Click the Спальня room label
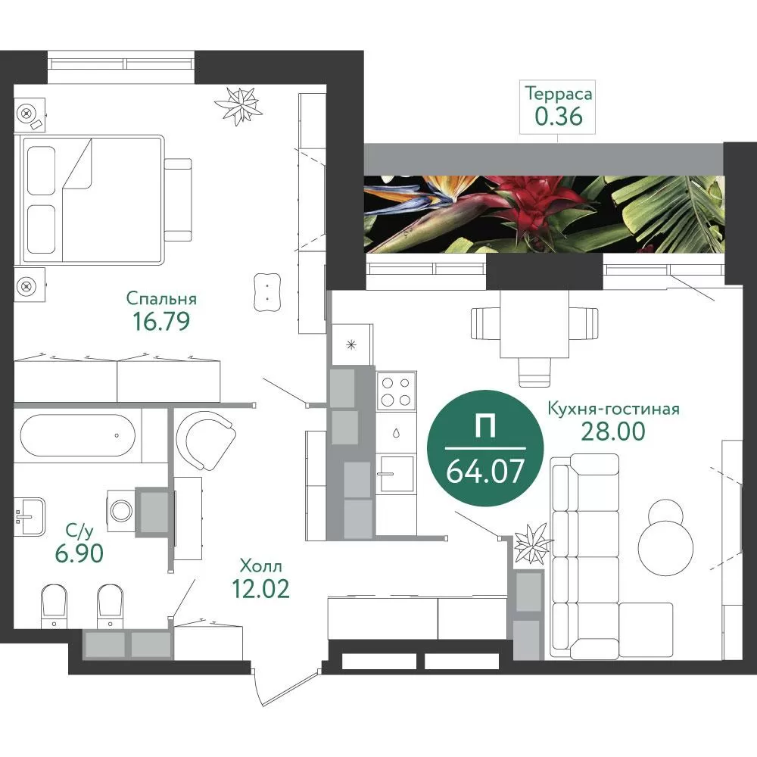[161, 299]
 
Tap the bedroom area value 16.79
[161, 322]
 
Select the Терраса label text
[559, 94]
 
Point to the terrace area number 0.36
[559, 117]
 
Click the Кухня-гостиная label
[613, 409]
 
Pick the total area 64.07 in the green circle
[485, 471]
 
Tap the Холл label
[260, 565]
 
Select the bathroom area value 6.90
[79, 553]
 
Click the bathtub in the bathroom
[78, 435]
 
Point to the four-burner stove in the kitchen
[396, 391]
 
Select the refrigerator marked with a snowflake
[352, 344]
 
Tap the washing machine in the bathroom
[120, 511]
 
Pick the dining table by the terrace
[534, 323]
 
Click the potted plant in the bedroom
[238, 105]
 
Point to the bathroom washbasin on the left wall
[30, 516]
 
